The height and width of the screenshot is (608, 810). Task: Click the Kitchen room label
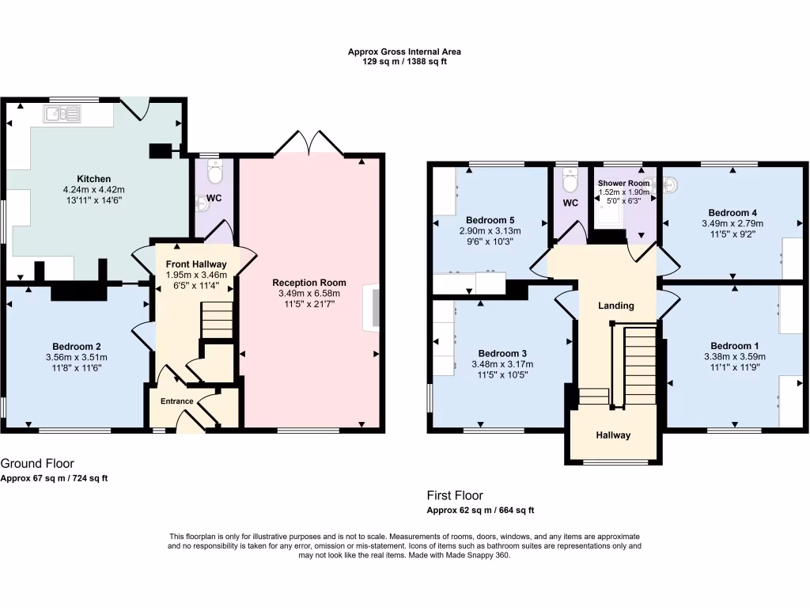point(93,179)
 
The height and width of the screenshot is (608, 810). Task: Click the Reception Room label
point(309,283)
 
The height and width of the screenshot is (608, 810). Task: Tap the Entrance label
point(176,401)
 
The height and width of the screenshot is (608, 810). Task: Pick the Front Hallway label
point(197,264)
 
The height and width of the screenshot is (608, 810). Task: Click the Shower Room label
point(623,183)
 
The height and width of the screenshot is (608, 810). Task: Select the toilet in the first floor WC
point(570,181)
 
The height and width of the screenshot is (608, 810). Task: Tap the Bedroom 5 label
point(490,220)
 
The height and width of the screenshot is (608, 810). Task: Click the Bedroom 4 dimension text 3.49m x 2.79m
point(732,224)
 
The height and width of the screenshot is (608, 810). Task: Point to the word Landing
point(616,306)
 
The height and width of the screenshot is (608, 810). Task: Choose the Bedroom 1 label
point(734,346)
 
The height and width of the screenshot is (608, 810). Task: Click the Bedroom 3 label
point(502,353)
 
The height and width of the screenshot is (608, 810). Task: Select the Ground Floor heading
point(37,463)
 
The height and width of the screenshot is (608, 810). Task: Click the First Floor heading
point(455,496)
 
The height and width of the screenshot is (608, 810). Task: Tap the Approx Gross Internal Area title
point(404,51)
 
